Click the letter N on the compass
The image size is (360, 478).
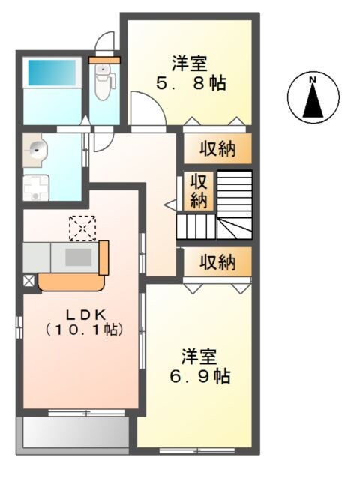(x=313, y=80)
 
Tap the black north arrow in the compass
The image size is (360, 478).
(x=313, y=102)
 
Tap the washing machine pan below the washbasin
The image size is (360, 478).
(x=34, y=187)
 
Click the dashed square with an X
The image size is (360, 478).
(x=79, y=226)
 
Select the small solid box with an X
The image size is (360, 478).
(x=28, y=280)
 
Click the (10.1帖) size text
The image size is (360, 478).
(x=82, y=330)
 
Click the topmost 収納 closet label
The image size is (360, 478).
(x=217, y=149)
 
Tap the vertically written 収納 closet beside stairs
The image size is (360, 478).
(x=198, y=190)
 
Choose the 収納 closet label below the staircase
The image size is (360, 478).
(x=217, y=262)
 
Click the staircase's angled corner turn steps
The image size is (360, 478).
(x=235, y=226)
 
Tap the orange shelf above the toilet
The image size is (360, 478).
(x=104, y=59)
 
